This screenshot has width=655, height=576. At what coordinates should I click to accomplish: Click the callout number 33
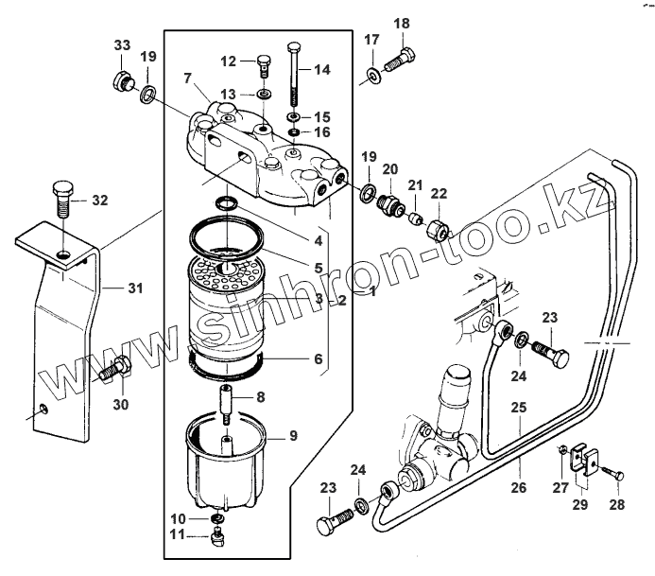123,46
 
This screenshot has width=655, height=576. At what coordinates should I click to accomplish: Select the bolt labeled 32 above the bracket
61,200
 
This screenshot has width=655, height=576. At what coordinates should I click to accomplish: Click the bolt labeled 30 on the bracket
112,370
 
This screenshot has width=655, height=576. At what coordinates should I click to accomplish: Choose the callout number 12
228,61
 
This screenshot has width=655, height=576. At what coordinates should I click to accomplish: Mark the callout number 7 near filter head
187,77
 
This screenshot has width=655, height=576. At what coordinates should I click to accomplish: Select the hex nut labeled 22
438,228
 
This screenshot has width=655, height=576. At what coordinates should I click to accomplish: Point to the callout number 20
390,169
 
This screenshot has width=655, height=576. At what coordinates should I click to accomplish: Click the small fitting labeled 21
414,218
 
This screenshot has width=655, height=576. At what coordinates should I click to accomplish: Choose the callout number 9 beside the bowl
293,436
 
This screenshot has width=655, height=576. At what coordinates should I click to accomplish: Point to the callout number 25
519,410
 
